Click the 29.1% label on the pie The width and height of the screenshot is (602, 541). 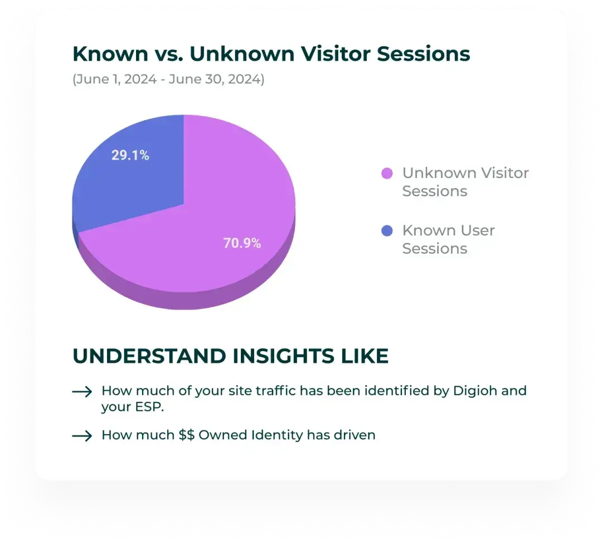(x=130, y=155)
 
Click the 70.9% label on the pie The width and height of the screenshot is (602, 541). (x=242, y=243)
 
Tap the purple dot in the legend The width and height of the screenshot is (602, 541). (x=387, y=174)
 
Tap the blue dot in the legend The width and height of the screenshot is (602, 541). (x=387, y=231)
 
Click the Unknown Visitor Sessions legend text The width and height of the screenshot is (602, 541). (x=465, y=182)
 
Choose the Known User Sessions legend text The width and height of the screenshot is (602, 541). (x=448, y=239)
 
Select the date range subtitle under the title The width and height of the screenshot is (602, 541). (x=168, y=79)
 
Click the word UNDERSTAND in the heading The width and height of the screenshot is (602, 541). (x=149, y=356)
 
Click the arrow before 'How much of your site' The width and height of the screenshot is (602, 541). (x=82, y=392)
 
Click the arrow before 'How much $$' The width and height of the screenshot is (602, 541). (x=82, y=435)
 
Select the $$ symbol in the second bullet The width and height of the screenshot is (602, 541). (x=187, y=435)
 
